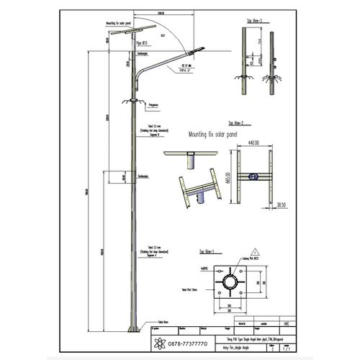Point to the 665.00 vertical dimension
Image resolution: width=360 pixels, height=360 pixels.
(228, 176)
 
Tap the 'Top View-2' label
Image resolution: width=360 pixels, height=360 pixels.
(238, 123)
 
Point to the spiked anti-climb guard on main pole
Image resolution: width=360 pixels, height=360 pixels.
(133, 101)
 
